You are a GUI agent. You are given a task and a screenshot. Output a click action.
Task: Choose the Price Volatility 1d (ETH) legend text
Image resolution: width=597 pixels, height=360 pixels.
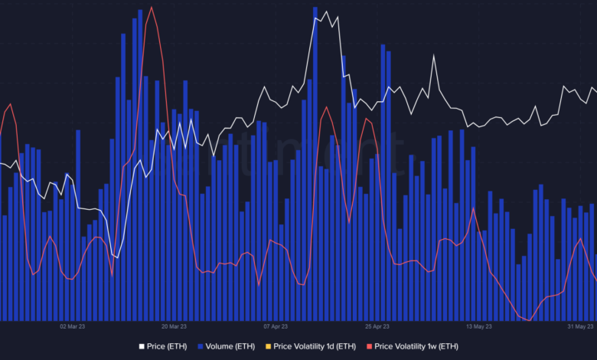(314, 346)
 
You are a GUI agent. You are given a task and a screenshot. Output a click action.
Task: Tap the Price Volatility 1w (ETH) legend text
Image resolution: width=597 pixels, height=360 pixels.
(416, 346)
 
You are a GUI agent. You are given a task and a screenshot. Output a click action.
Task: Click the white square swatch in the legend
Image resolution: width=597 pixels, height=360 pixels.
(142, 346)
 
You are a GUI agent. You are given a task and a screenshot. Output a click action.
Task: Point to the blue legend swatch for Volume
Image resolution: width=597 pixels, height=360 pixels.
(201, 346)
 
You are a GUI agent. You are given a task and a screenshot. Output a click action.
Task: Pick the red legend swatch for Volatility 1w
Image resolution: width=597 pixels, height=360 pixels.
(369, 346)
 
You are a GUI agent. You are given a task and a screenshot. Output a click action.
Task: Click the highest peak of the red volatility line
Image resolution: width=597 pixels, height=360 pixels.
(152, 8)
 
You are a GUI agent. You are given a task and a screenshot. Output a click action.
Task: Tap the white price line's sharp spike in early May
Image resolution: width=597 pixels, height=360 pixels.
(433, 57)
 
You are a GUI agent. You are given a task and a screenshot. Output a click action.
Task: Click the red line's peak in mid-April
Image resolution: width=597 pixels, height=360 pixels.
(326, 107)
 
